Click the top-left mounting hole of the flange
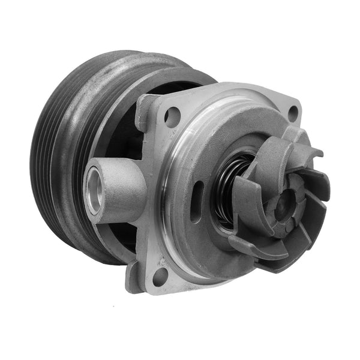pyautogui.click(x=172, y=116)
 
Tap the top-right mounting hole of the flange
pyautogui.click(x=293, y=112)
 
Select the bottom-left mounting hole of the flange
pyautogui.click(x=160, y=276)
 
